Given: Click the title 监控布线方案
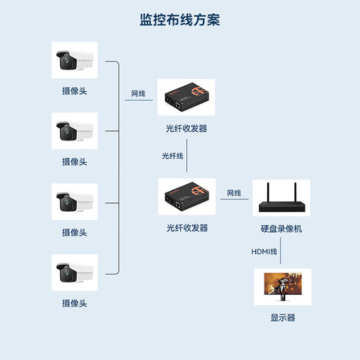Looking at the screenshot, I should click(179, 19).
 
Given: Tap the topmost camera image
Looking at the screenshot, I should click(74, 60).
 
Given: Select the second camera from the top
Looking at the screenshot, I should click(74, 130).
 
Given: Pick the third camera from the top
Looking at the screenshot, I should click(74, 201).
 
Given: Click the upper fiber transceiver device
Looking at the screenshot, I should click(186, 98).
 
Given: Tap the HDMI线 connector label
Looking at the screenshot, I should click(264, 251).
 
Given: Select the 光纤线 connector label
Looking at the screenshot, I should click(172, 156).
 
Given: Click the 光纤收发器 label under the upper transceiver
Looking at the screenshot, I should click(186, 129).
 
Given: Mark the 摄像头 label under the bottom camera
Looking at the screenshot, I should click(74, 303).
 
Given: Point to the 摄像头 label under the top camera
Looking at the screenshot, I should click(74, 91).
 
